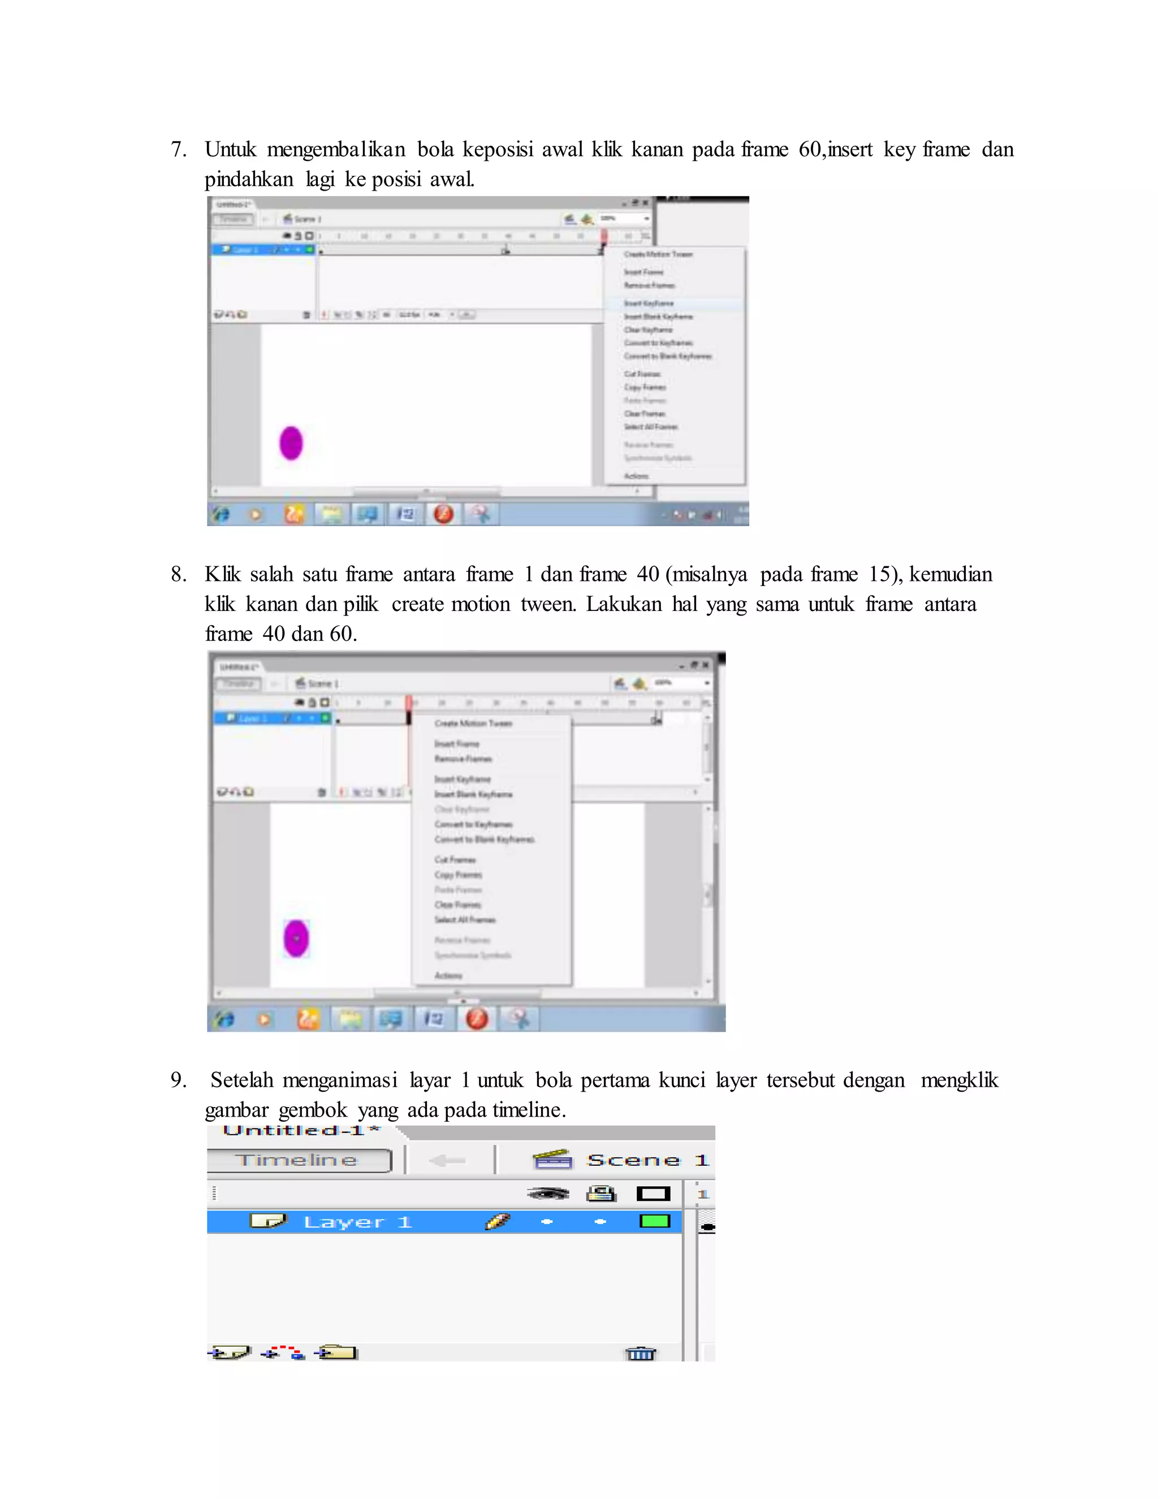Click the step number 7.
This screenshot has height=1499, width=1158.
[x=178, y=150]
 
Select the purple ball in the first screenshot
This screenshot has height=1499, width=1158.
[x=291, y=443]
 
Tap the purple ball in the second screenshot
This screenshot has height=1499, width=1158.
[x=296, y=938]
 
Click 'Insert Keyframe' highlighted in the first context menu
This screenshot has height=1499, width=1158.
[x=649, y=303]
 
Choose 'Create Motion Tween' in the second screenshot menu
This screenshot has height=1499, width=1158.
[x=473, y=723]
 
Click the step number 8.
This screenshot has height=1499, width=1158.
[x=178, y=575]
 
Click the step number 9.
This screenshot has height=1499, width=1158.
[x=178, y=1080]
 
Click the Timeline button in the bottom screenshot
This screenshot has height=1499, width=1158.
[x=299, y=1161]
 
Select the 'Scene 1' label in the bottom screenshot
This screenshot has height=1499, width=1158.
[x=646, y=1161]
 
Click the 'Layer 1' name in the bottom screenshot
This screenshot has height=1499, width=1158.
[x=357, y=1222]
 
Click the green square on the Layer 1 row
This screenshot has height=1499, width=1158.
[x=654, y=1222]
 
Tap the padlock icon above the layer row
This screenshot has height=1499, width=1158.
[x=601, y=1194]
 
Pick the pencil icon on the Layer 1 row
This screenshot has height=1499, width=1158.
[x=498, y=1222]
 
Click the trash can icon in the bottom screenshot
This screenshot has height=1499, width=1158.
[x=641, y=1354]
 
